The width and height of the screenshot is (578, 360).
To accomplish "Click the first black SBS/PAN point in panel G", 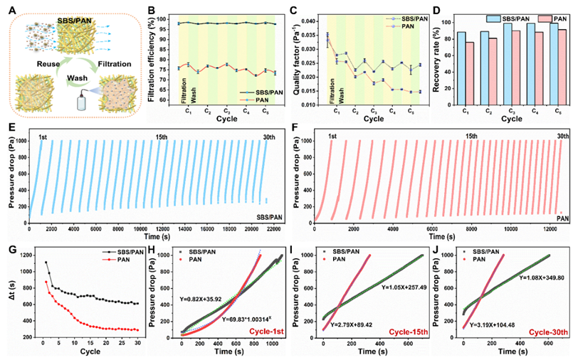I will (46, 263).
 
